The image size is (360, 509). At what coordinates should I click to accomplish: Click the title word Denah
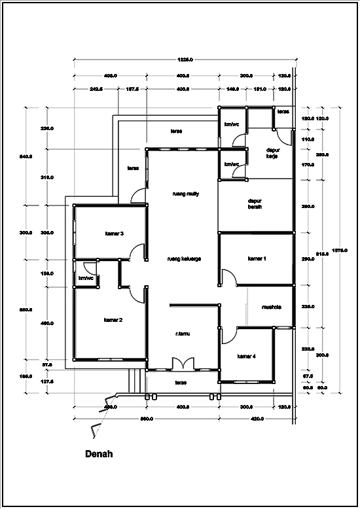click(100, 453)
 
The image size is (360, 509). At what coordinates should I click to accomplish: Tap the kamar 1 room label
click(257, 258)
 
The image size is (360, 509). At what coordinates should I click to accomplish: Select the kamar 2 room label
click(113, 320)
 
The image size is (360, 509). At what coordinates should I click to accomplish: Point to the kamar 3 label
click(114, 233)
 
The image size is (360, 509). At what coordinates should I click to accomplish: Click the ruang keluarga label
click(184, 258)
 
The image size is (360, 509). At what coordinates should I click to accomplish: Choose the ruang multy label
click(184, 194)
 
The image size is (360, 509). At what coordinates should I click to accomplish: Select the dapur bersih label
click(255, 203)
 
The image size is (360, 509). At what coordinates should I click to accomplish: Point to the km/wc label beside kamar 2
click(86, 279)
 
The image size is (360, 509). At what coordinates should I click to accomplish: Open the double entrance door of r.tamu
click(180, 364)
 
